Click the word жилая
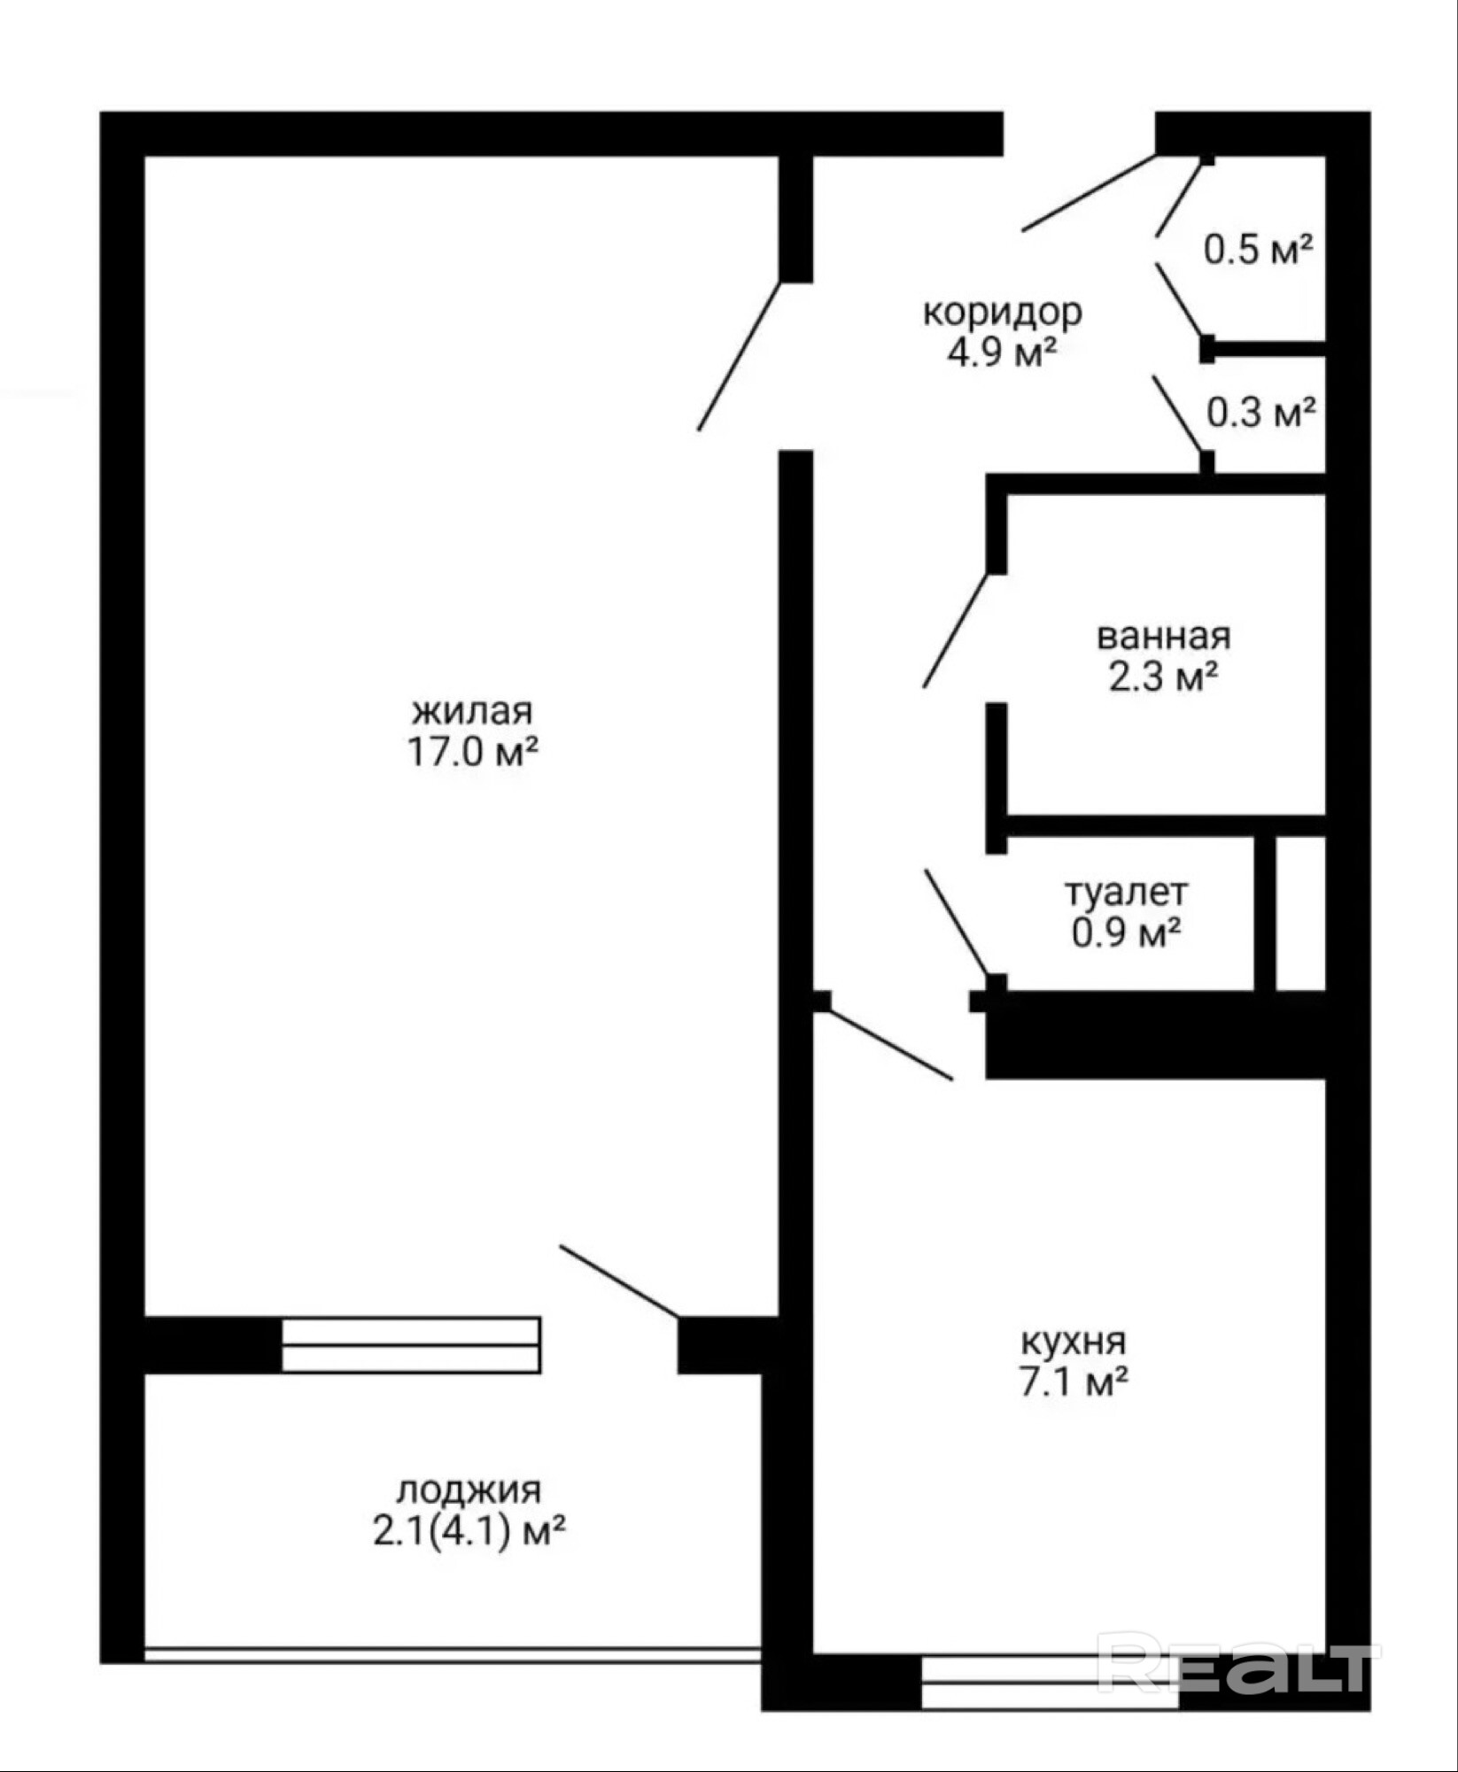point(472,712)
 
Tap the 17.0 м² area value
point(472,753)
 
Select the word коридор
point(1003,314)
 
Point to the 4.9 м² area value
point(1003,353)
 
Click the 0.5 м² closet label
point(1258,251)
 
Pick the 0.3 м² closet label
point(1260,412)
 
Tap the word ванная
point(1164,637)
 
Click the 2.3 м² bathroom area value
point(1163,677)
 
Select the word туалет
point(1126,893)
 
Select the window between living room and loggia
point(411,1345)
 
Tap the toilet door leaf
point(958,923)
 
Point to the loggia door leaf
point(620,1281)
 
